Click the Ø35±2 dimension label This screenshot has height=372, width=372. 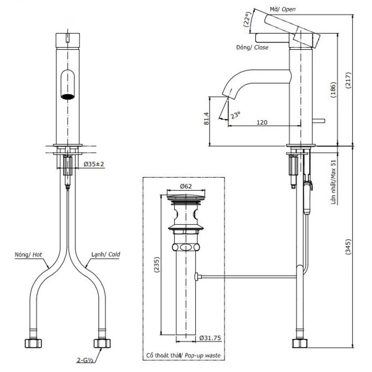coord(94,164)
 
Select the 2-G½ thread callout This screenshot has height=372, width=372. coord(85,360)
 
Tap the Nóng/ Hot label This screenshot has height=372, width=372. coord(29,254)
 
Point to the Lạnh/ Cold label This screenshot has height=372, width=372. coord(106,254)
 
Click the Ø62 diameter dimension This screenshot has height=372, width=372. coord(186,186)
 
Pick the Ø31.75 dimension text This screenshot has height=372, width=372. coord(210,338)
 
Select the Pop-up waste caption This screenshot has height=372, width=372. coord(203,355)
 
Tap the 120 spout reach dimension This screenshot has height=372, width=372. coord(262,122)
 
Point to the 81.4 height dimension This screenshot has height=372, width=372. coord(206,119)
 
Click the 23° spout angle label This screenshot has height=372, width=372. coord(235,115)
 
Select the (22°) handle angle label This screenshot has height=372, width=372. coord(247,19)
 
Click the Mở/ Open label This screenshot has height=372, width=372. coord(283,9)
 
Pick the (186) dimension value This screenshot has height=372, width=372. coord(333,90)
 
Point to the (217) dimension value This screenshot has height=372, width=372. coord(348,80)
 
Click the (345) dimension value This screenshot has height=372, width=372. coord(348,247)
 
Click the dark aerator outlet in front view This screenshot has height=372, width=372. coord(68,96)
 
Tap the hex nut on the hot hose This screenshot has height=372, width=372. coord(33,343)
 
